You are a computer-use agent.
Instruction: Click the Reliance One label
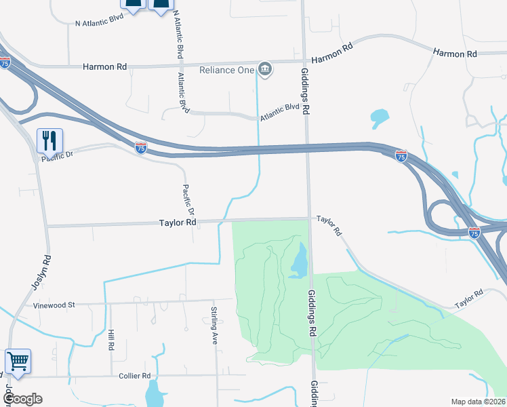coord(226,70)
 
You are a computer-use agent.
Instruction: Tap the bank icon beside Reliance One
coord(265,69)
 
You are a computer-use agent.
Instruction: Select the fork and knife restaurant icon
coord(49,140)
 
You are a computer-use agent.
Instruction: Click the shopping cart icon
coord(18,361)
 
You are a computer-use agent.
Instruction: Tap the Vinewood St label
coord(54,305)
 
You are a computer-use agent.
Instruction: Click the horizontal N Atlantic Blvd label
coord(99,22)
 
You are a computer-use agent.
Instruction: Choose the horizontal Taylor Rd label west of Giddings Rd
coord(178,222)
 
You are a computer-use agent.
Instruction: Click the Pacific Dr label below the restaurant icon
coord(57,157)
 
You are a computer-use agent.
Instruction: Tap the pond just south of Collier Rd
coord(155,393)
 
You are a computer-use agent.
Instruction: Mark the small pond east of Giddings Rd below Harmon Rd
coord(380,119)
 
